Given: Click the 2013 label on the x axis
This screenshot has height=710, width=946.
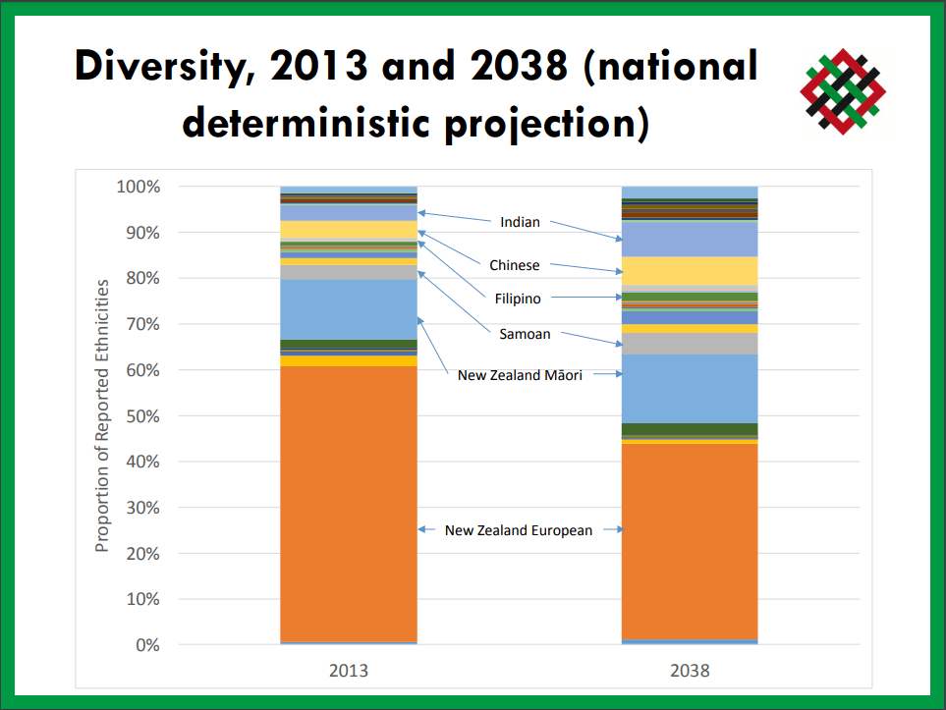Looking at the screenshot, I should pyautogui.click(x=348, y=672).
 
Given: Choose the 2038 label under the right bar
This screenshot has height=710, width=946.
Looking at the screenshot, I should pyautogui.click(x=691, y=672).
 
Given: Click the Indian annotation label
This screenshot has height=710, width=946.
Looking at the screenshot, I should pyautogui.click(x=520, y=222).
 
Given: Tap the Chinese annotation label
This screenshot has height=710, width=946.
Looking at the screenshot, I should pyautogui.click(x=514, y=265).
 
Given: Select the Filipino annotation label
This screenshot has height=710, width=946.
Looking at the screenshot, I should pyautogui.click(x=518, y=298).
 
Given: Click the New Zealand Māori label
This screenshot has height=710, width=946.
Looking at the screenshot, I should pyautogui.click(x=520, y=374).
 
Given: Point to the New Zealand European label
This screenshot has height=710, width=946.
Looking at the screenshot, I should pyautogui.click(x=519, y=530).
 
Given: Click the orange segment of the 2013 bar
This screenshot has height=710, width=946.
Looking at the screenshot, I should pyautogui.click(x=348, y=501).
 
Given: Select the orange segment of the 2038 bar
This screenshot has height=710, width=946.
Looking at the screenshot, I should pyautogui.click(x=691, y=540).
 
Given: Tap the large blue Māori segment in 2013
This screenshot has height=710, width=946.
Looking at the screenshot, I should pyautogui.click(x=348, y=308).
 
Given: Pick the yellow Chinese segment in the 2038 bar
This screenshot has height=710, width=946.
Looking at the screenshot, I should pyautogui.click(x=691, y=270).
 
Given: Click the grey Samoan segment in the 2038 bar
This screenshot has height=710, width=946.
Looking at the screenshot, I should pyautogui.click(x=691, y=344).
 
